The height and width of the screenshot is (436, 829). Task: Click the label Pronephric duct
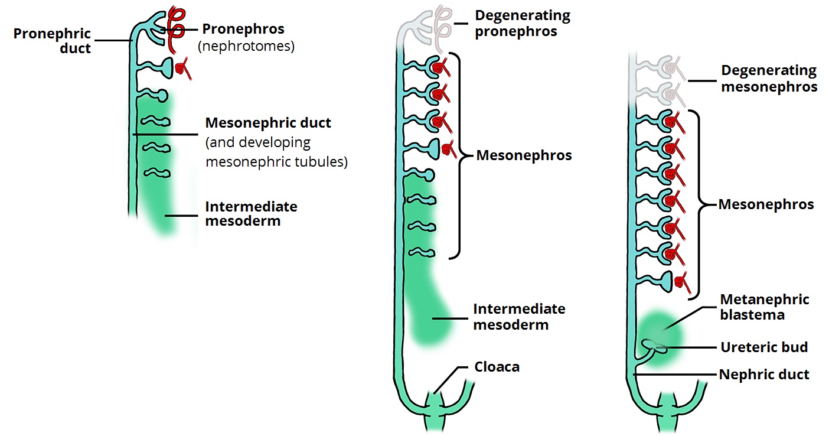53,41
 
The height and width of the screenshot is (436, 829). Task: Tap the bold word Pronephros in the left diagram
243,29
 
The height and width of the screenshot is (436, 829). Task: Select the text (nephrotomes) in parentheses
246,45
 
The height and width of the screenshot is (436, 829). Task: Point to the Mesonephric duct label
268,123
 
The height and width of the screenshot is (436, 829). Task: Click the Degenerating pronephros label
523,23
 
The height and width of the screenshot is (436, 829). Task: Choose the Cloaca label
497,367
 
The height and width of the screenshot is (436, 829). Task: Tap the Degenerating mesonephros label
769,79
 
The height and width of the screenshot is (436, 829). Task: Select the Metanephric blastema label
764,307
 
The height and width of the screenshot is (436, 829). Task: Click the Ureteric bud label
764,347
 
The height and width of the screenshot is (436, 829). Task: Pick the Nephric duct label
764,374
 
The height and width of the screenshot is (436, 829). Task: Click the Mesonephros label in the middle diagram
524,155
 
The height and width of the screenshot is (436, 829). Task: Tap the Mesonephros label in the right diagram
766,204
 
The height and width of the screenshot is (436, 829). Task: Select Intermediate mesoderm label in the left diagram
251,214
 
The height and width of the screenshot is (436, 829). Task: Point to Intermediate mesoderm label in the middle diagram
519,317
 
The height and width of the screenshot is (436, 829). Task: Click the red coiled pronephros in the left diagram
175,30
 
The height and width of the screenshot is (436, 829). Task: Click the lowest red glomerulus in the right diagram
682,281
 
